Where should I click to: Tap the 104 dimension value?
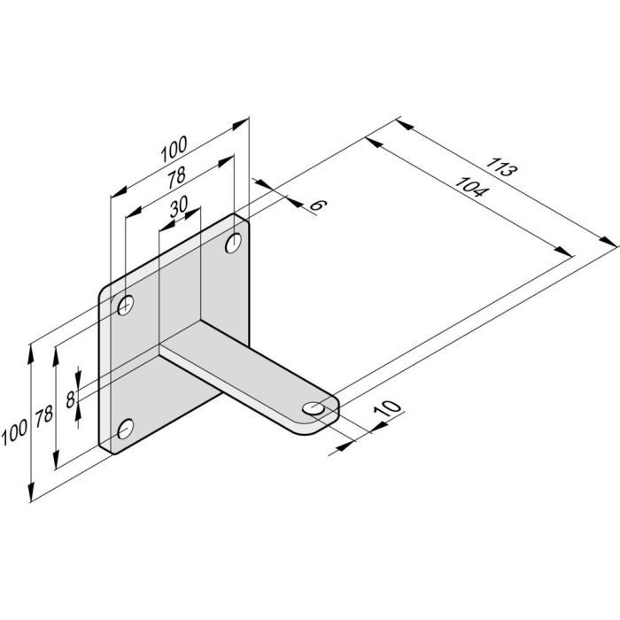click(469, 189)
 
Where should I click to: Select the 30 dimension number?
click(179, 206)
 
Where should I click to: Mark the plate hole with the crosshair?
click(127, 306)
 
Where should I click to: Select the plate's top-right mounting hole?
click(235, 241)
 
